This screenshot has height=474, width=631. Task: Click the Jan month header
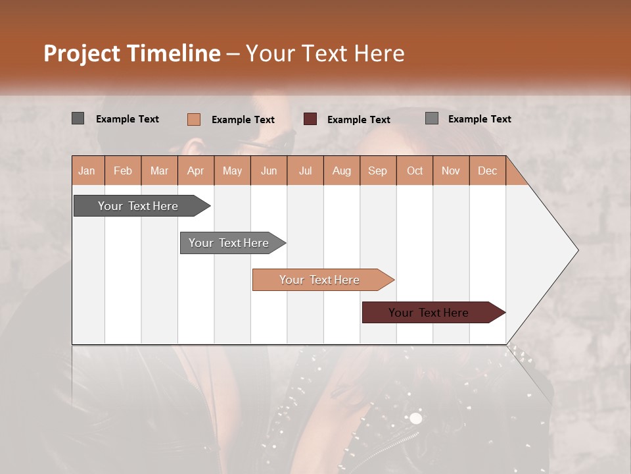87,171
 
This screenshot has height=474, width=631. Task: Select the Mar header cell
159,171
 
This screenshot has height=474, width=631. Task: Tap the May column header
232,171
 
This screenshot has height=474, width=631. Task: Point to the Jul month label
305,171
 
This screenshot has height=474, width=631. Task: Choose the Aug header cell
341,171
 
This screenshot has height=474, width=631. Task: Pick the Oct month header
414,171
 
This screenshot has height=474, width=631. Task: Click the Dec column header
487,171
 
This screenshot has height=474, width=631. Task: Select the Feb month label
123,171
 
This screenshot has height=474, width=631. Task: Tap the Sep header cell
377,171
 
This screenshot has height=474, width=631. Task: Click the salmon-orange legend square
193,119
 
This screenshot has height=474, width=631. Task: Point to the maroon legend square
310,119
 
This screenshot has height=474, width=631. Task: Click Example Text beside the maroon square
358,120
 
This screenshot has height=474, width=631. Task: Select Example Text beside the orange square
243,120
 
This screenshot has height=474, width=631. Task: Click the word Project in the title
82,53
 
